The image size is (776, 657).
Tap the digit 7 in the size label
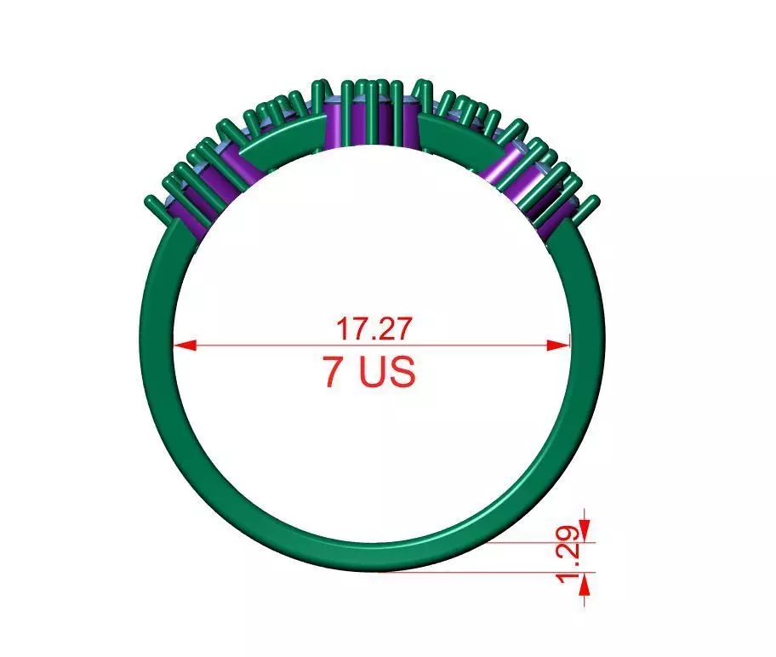333,373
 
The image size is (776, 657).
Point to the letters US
387,373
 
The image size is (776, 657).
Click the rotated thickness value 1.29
573,556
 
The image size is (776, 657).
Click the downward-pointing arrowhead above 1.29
585,520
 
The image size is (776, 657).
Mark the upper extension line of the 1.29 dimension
545,541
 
